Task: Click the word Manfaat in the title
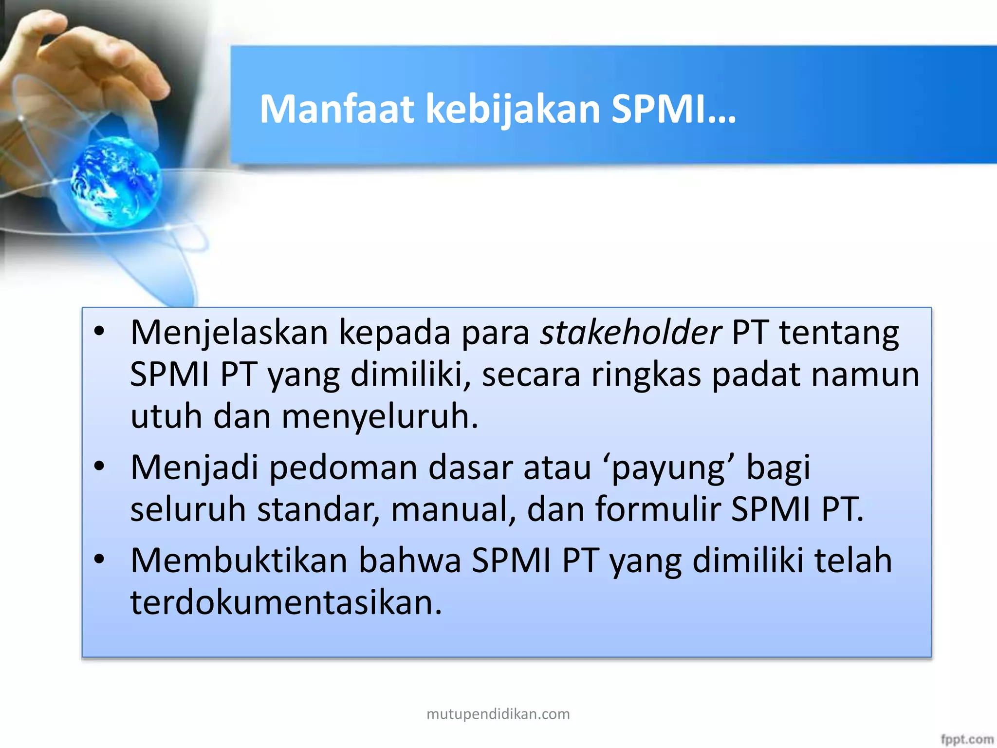[x=336, y=109]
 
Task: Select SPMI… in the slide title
[x=673, y=109]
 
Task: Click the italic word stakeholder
[x=630, y=333]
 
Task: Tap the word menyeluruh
[x=380, y=417]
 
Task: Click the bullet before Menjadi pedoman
[x=100, y=467]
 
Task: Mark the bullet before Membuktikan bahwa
[x=100, y=560]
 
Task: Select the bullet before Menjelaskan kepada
[x=100, y=332]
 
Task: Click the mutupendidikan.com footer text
[x=498, y=714]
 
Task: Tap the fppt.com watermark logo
[x=967, y=739]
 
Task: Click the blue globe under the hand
[x=115, y=181]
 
